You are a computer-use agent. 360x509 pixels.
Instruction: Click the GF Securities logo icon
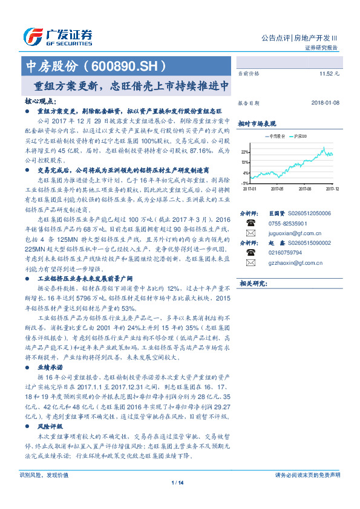pyautogui.click(x=31, y=36)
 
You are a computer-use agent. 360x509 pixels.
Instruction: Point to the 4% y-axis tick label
pyautogui.click(x=245, y=172)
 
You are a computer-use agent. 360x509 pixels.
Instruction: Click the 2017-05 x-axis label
pyautogui.click(x=278, y=188)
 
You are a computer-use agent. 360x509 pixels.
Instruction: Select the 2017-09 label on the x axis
pyautogui.click(x=305, y=188)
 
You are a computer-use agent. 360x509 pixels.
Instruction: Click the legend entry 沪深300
pyautogui.click(x=300, y=136)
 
